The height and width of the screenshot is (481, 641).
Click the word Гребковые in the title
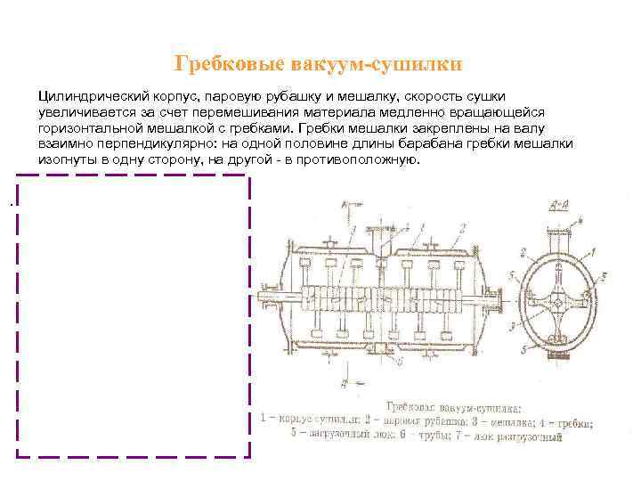[x=226, y=64]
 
